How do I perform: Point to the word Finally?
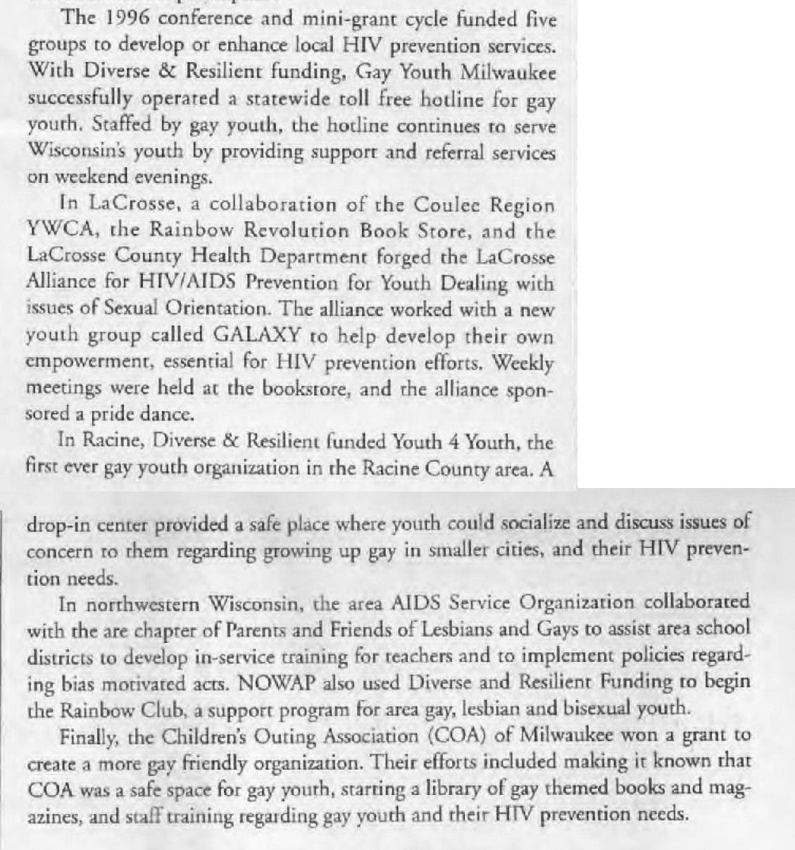click(x=87, y=737)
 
